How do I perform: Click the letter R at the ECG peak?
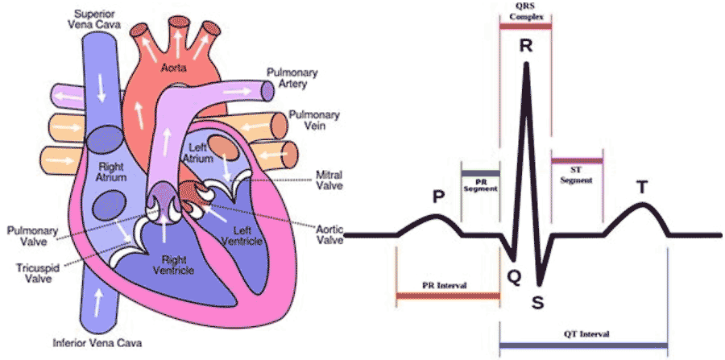pyautogui.click(x=525, y=47)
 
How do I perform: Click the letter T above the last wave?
pyautogui.click(x=642, y=187)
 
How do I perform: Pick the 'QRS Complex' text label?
pyautogui.click(x=525, y=10)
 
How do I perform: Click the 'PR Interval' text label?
pyautogui.click(x=446, y=286)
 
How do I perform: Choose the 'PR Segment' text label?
pyautogui.click(x=481, y=184)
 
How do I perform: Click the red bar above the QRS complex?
pyautogui.click(x=525, y=27)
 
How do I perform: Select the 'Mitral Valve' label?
pyautogui.click(x=330, y=178)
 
